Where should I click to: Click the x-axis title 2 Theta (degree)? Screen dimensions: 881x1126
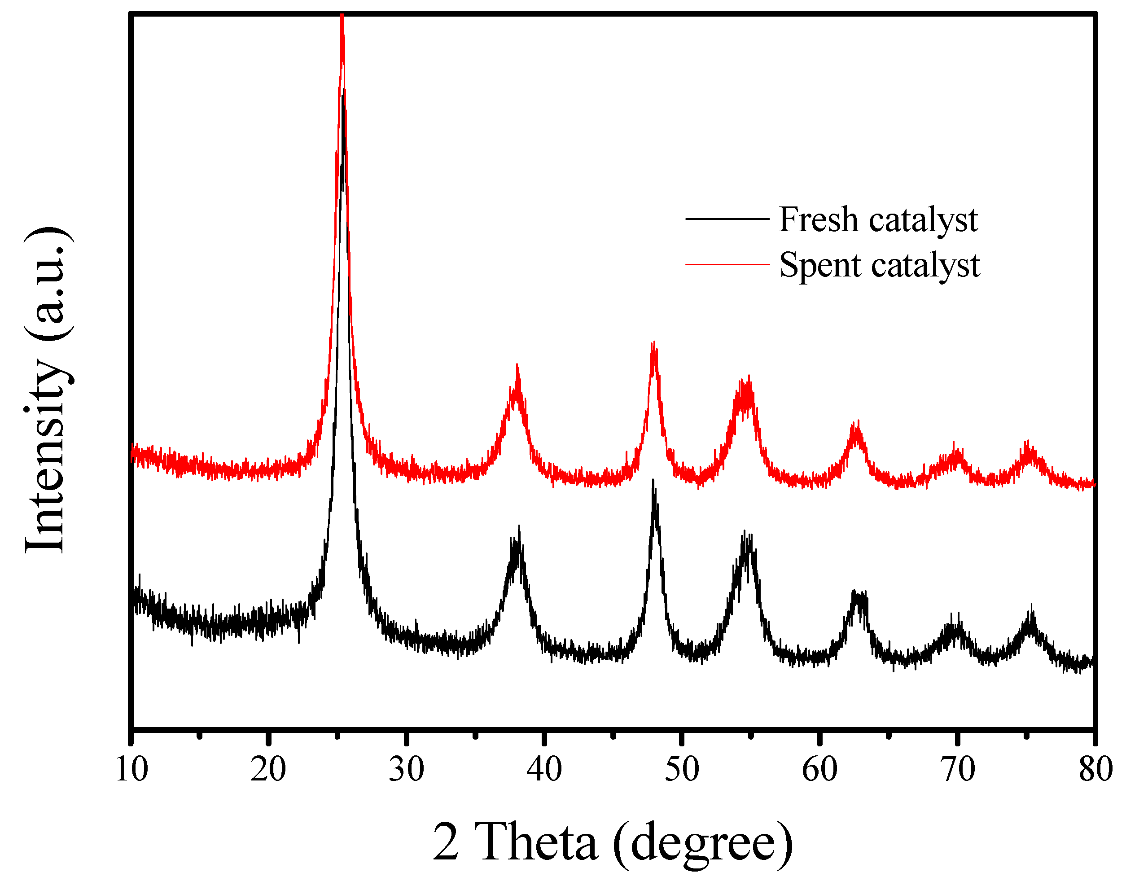click(612, 842)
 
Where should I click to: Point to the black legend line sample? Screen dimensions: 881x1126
click(727, 219)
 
